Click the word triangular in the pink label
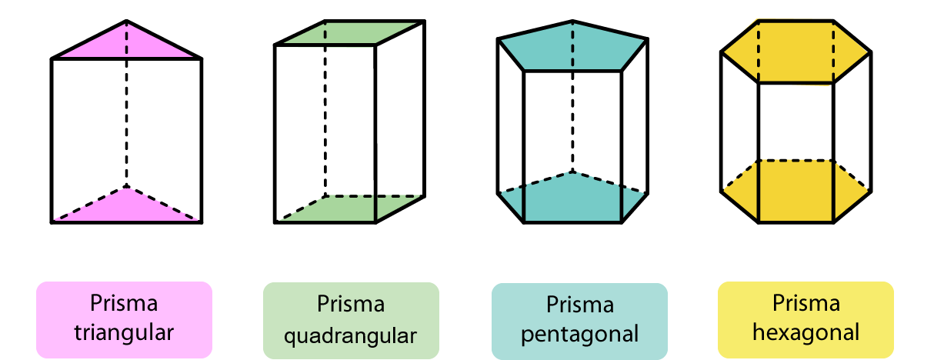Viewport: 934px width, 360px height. tap(125, 332)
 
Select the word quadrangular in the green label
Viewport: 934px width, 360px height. tap(351, 335)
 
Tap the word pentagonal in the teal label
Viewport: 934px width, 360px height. tap(579, 335)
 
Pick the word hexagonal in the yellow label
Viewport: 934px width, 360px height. tap(806, 332)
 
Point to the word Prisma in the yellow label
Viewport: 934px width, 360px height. tap(806, 303)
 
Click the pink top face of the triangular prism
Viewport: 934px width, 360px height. tap(127, 45)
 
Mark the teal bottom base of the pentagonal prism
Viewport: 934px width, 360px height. tap(572, 200)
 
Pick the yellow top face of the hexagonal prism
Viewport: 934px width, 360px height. tap(796, 52)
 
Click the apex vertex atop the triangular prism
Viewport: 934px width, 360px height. tap(127, 21)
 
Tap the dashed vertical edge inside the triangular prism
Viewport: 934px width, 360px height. tap(127, 123)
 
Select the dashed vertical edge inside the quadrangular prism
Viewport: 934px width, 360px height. tap(325, 115)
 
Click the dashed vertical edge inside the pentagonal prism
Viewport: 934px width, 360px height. tap(572, 115)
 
